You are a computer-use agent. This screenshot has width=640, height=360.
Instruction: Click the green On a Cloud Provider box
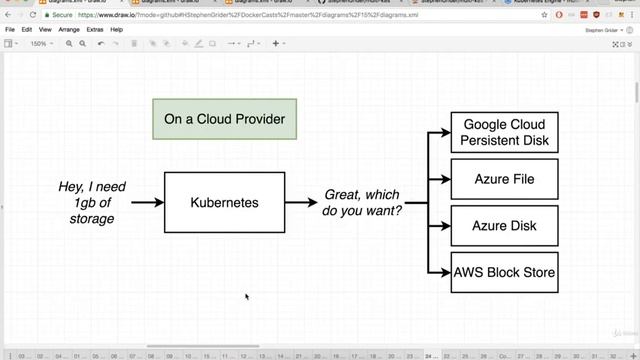[x=224, y=120]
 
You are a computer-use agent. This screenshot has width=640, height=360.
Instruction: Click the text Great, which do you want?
[x=361, y=202]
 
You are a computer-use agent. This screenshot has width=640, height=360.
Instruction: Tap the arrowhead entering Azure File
[x=444, y=180]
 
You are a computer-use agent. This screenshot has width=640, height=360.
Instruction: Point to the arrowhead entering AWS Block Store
[x=444, y=272]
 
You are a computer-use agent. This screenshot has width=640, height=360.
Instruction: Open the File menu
[x=10, y=30]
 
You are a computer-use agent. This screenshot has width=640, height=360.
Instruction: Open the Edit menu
[x=27, y=30]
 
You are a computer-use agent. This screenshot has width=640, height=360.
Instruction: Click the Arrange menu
[x=69, y=30]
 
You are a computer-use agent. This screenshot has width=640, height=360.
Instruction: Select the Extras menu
[x=95, y=30]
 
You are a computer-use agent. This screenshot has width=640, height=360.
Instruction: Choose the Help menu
[x=117, y=30]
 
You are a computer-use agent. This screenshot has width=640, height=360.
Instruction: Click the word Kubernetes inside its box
[x=224, y=202]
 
